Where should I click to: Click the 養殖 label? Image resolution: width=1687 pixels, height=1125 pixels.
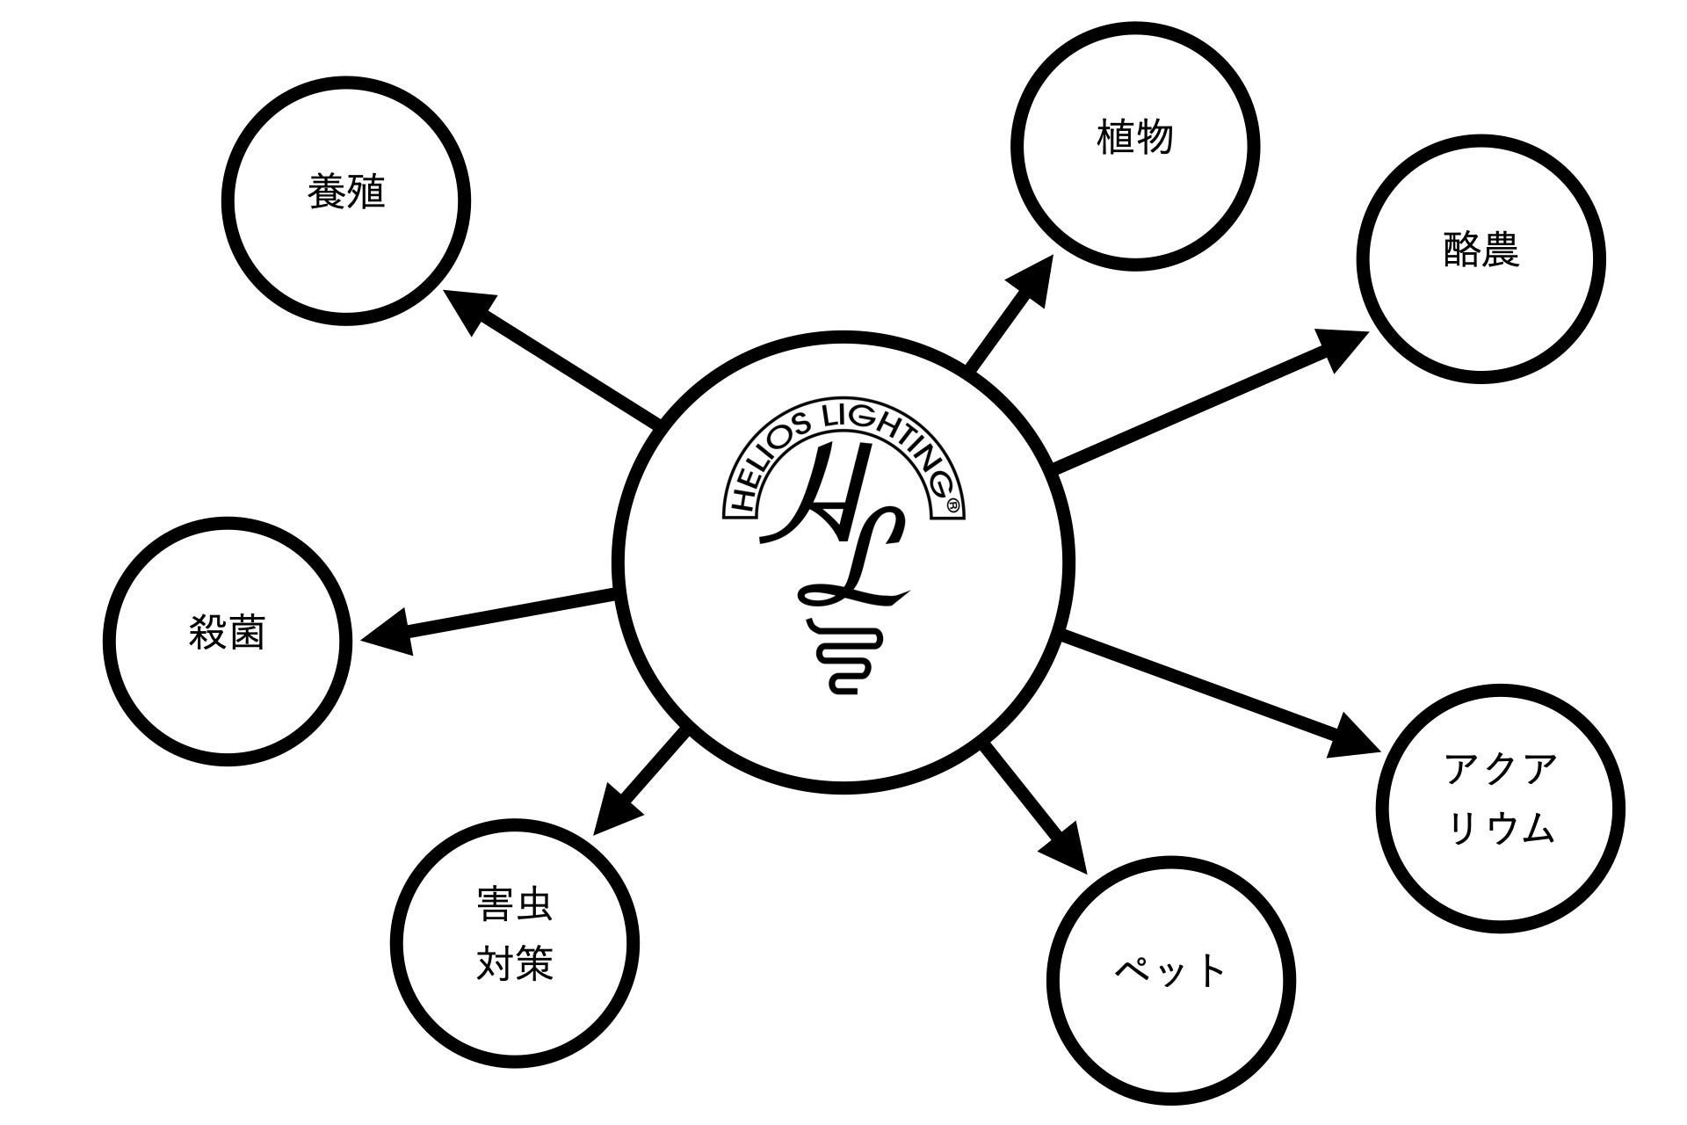click(x=346, y=192)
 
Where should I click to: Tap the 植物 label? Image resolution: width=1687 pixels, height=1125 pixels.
click(x=1135, y=138)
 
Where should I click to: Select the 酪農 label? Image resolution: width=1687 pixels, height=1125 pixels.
click(x=1481, y=250)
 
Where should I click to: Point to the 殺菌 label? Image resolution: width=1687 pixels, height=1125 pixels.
click(x=227, y=633)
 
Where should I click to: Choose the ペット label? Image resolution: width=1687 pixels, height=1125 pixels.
click(x=1170, y=972)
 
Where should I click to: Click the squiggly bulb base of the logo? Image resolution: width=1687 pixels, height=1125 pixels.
click(x=842, y=659)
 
